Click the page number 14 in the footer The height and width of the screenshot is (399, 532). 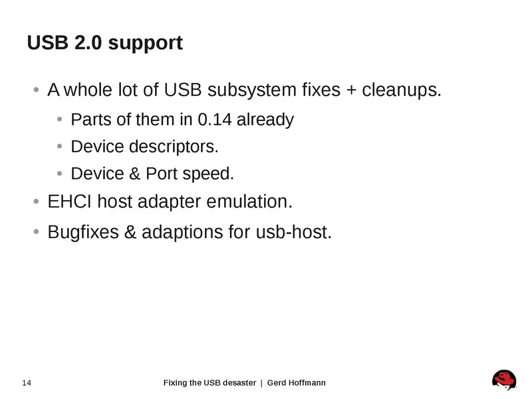click(27, 382)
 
